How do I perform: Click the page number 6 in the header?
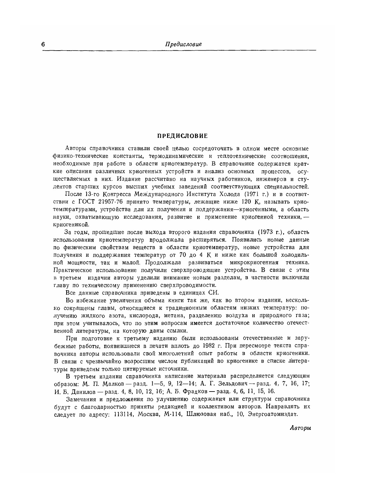(x=43, y=44)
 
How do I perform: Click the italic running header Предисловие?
(x=183, y=44)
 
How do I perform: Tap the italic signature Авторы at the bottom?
(x=300, y=428)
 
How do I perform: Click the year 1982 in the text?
(x=209, y=346)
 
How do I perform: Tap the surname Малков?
(x=116, y=384)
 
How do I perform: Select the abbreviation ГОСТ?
(x=88, y=201)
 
